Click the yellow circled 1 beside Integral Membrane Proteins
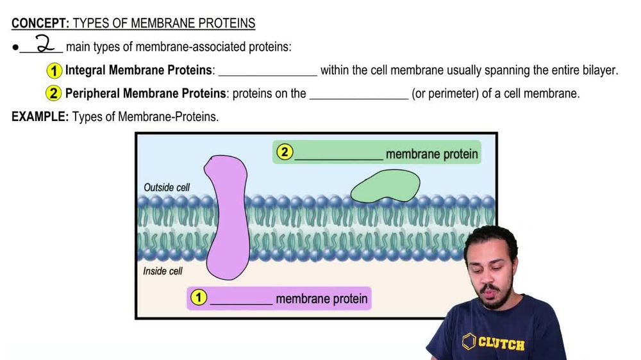(54, 70)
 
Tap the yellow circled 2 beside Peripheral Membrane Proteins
(54, 94)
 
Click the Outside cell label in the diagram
(167, 188)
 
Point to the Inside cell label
(163, 271)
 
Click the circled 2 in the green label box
(284, 153)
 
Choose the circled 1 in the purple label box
(199, 298)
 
